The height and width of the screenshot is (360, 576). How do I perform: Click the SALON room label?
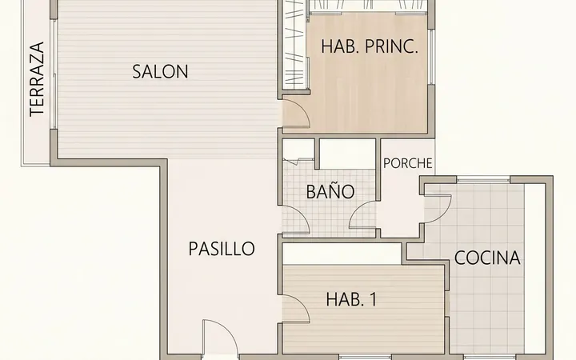point(160,72)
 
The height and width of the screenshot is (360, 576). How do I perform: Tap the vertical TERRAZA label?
point(37,79)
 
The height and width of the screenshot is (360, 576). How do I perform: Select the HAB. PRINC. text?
point(370,47)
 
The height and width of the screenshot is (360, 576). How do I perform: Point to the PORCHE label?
point(408,163)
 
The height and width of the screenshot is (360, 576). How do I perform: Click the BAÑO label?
point(330,190)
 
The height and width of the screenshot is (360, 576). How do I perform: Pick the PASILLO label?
point(222,249)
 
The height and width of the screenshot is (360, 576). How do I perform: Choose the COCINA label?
point(487,258)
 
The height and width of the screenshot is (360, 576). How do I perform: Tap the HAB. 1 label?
point(351,300)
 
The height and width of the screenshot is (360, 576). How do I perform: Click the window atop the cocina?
point(483,180)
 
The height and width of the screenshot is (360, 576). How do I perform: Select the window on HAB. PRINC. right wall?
point(432,57)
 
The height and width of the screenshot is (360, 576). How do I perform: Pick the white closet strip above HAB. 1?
point(342,254)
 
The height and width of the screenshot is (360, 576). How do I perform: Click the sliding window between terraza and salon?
point(54,74)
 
